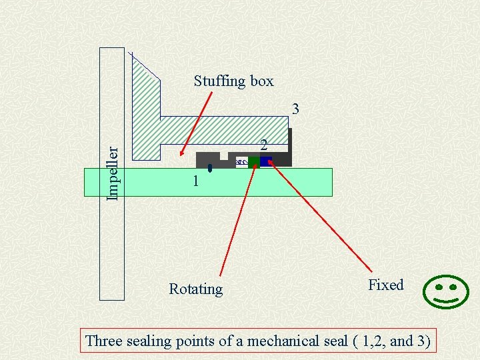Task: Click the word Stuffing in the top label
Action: click(219, 81)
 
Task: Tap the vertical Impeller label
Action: click(113, 173)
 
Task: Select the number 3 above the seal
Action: click(295, 109)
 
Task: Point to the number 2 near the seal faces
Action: click(264, 145)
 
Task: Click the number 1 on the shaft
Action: click(195, 181)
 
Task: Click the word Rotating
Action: click(195, 289)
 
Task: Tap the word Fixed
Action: click(386, 285)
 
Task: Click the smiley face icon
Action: click(446, 292)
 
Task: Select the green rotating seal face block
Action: click(254, 162)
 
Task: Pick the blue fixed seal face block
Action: click(265, 162)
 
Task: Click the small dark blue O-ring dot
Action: click(210, 167)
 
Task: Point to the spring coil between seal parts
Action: click(242, 162)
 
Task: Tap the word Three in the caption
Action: click(105, 341)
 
